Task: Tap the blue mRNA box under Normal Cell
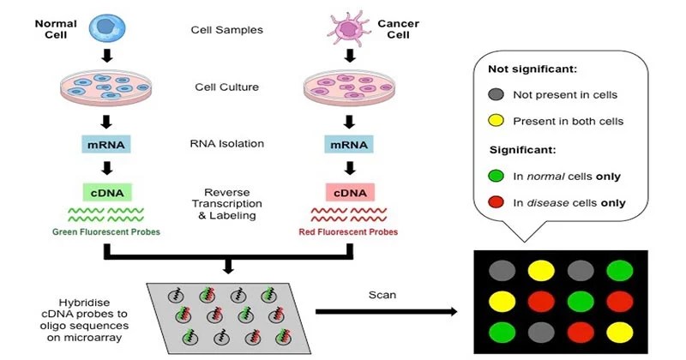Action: (107, 144)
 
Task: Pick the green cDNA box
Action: (107, 191)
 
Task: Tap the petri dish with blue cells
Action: (107, 87)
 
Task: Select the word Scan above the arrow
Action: (382, 291)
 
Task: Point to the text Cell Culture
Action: (226, 87)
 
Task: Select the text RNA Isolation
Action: (226, 144)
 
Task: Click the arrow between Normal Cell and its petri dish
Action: (107, 57)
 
